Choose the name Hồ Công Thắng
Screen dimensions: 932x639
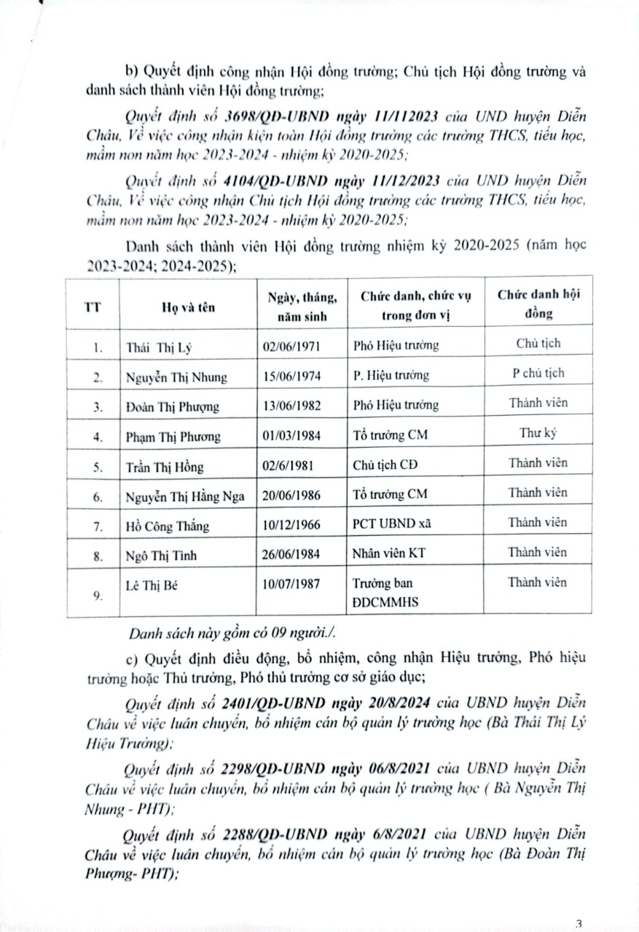167,524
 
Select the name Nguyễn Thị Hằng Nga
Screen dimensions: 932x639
186,494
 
